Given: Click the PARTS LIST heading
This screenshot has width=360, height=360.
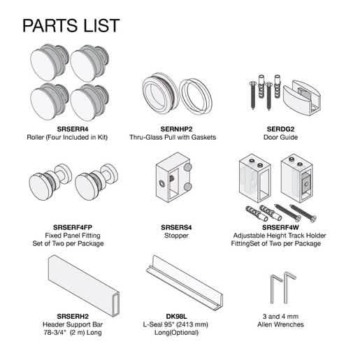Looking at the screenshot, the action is [x=71, y=25].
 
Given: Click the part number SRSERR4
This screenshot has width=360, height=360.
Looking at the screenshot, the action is [x=73, y=129].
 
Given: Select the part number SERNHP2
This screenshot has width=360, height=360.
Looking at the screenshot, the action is [x=176, y=129].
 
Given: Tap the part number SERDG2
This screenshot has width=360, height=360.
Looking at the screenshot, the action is [x=280, y=129].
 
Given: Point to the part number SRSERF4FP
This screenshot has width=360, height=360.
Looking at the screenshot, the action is [x=73, y=227].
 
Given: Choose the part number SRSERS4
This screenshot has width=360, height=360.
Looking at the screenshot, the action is [x=176, y=227].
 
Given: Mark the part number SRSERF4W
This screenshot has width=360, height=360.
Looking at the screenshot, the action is [x=280, y=227].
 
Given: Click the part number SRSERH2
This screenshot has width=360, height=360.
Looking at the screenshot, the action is [x=73, y=316].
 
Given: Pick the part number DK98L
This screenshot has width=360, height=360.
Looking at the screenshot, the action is [x=176, y=316].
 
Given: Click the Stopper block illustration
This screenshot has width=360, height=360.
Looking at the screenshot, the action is [x=173, y=179].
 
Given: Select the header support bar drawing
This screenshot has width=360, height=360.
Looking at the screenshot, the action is [x=84, y=286].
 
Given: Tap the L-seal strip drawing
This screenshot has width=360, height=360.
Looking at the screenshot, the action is [x=185, y=284].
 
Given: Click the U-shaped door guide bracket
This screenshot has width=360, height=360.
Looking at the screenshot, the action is [x=302, y=98].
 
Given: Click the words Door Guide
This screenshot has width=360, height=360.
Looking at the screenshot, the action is [x=280, y=137].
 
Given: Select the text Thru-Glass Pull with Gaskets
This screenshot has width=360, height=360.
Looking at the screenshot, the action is [x=173, y=137].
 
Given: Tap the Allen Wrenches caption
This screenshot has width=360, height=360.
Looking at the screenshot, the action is [x=280, y=324].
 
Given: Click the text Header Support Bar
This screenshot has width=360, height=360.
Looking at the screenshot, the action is [x=73, y=324].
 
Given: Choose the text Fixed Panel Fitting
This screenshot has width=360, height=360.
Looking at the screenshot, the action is [x=73, y=236].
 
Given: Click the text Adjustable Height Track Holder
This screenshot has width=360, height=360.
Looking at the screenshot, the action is [x=280, y=236].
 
